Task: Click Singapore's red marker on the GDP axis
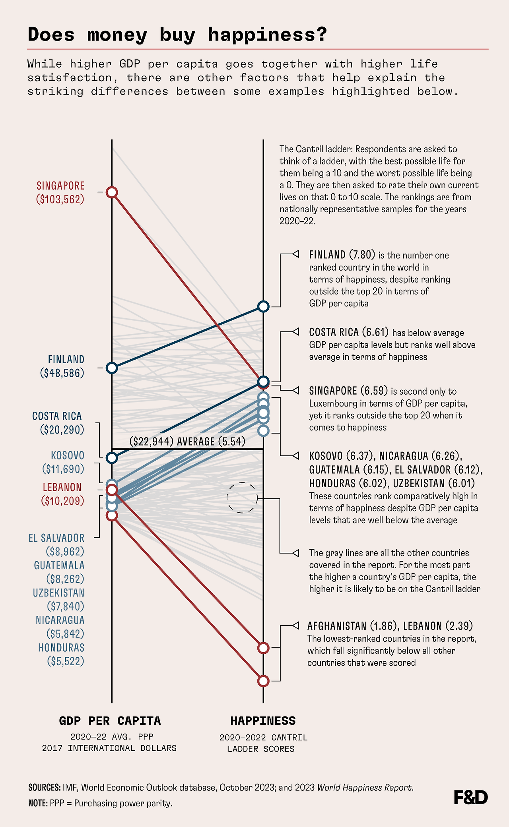(x=112, y=192)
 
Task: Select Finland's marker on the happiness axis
(x=263, y=306)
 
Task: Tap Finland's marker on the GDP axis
(x=112, y=368)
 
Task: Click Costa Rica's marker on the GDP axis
(x=112, y=458)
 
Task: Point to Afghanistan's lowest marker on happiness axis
(x=263, y=681)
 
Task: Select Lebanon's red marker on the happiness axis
(x=263, y=648)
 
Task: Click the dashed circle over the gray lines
(x=242, y=498)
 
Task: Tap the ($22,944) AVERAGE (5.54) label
(x=187, y=441)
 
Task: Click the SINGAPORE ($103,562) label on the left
(x=60, y=192)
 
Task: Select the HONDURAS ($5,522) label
(x=61, y=654)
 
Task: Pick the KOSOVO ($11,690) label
(x=64, y=462)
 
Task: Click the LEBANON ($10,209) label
(x=63, y=494)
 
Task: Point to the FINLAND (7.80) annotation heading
(x=342, y=255)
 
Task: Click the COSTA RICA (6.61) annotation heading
(x=349, y=332)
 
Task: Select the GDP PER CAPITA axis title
(x=110, y=720)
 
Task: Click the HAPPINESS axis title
(x=263, y=720)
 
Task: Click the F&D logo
(x=470, y=797)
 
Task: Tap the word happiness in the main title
(x=267, y=35)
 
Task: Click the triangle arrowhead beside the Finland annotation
(x=295, y=254)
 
